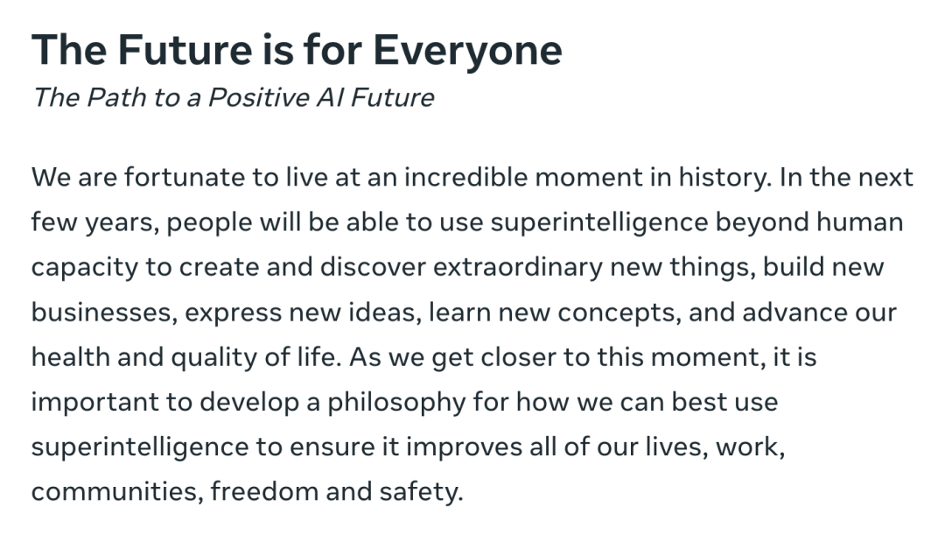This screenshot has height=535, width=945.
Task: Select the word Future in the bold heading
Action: (185, 49)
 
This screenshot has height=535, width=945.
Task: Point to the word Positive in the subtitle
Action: (258, 97)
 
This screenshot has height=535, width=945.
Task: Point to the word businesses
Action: (104, 313)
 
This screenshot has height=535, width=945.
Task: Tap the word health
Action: (71, 357)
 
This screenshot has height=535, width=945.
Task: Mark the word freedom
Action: (264, 491)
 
